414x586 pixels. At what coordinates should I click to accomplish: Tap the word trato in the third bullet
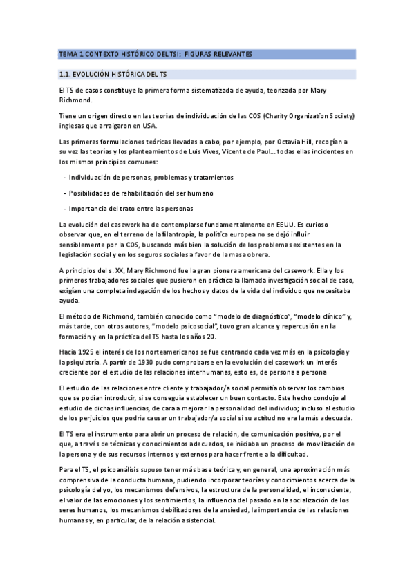(x=126, y=208)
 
